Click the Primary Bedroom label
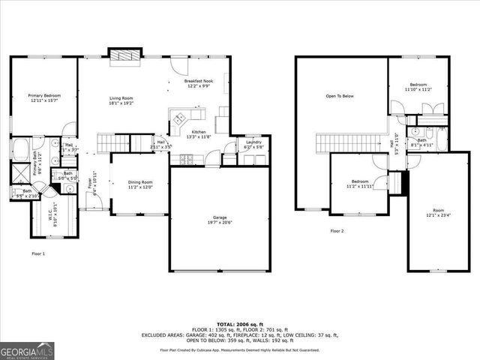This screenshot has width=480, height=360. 44,97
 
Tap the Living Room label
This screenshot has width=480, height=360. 121,98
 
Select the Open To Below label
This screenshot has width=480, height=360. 339,96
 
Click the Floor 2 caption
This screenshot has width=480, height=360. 337,231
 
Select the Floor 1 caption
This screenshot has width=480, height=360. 38,254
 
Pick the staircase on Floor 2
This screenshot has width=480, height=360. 345,141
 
